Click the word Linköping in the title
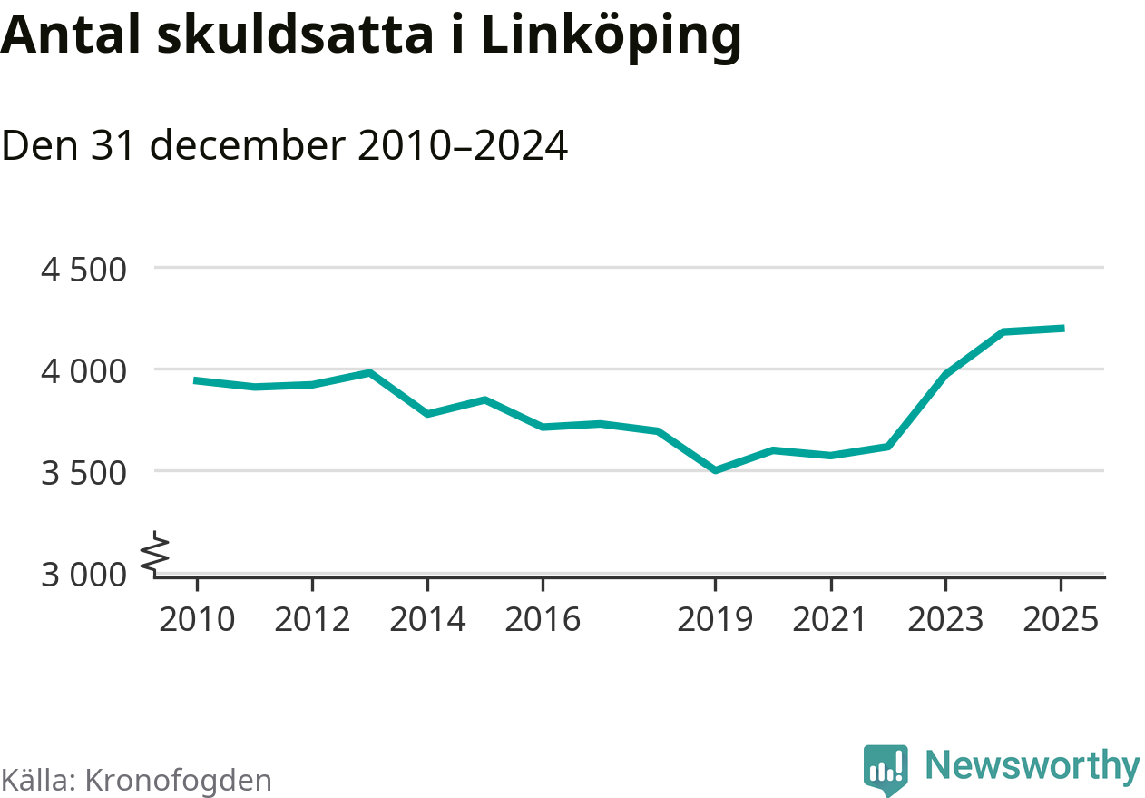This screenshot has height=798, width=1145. [x=611, y=36]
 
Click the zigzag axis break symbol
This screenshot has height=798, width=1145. [x=157, y=552]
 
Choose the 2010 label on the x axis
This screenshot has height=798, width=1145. [x=197, y=620]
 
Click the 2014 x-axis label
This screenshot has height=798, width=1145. [x=427, y=620]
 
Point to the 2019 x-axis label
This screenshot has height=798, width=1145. [x=715, y=620]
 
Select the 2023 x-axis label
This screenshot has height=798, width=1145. [x=945, y=620]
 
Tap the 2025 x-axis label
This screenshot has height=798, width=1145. [x=1061, y=620]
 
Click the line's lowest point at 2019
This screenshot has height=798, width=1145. [x=715, y=470]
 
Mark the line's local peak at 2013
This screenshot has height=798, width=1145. [x=369, y=372]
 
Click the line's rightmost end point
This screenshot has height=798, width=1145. [x=1062, y=329]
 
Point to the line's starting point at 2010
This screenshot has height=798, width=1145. [x=197, y=380]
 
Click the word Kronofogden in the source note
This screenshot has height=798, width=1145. [x=178, y=780]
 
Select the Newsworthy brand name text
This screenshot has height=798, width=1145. [x=1032, y=766]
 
